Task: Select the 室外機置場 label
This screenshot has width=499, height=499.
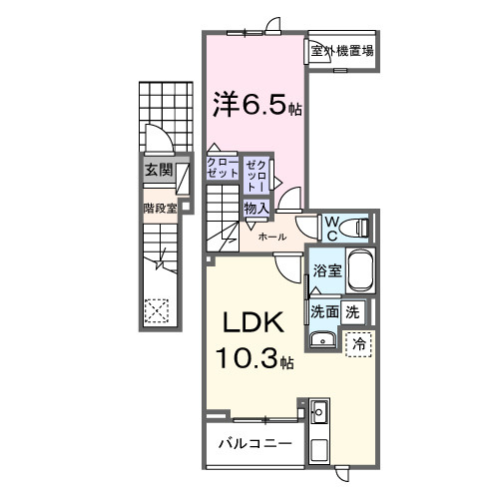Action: coord(341,50)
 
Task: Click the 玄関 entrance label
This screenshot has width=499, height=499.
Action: coord(158,171)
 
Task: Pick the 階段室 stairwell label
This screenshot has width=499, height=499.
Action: coord(160,209)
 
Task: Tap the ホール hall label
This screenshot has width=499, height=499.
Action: coord(272,238)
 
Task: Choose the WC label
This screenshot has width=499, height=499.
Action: coord(330,227)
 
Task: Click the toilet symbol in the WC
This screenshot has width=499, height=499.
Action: coord(358,228)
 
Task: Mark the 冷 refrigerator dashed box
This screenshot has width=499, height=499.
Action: coord(358,342)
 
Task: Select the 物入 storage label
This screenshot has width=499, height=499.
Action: coord(254,209)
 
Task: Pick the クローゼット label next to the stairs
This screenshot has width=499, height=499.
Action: coord(223,168)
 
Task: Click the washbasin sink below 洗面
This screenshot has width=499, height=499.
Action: coord(322,342)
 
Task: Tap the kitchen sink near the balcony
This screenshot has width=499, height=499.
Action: coord(320,412)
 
